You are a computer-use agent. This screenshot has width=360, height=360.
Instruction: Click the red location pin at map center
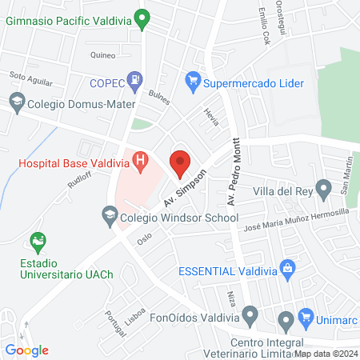coord(180,162)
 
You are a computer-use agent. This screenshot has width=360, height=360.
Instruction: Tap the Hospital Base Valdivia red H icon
coord(142,162)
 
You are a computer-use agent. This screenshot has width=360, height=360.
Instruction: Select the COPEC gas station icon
coord(137,80)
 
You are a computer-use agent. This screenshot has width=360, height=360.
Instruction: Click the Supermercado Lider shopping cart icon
coord(192,80)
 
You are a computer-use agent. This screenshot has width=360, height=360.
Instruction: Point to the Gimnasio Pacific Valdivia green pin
coord(142,18)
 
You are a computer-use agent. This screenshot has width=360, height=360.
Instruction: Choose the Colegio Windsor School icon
coord(110,215)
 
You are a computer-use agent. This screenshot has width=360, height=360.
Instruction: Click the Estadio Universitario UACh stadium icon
coord(36,240)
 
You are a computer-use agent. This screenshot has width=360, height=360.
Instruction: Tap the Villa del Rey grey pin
coord(323,190)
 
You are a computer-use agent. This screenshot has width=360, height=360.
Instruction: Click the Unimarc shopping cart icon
coord(305,318)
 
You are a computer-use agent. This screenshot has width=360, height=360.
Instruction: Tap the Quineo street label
coord(103,56)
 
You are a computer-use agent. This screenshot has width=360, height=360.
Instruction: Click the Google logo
coord(27,350)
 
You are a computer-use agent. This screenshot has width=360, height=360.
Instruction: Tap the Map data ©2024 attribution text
coord(324,353)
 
